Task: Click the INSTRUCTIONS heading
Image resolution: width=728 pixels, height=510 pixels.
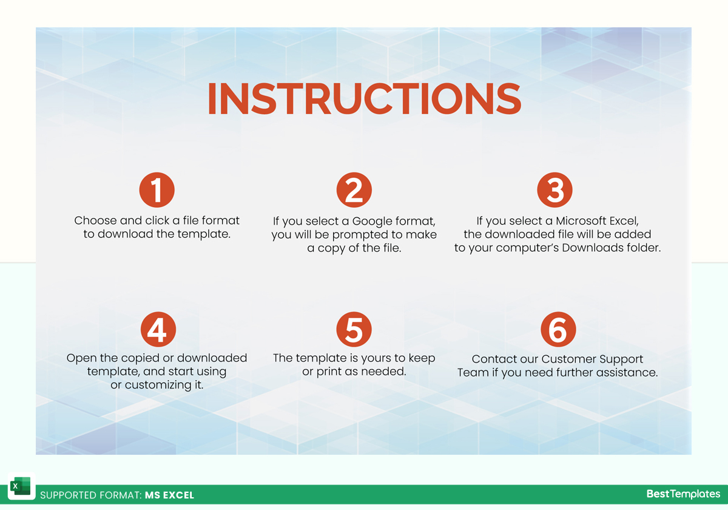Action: click(x=365, y=98)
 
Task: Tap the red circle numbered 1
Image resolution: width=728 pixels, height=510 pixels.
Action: click(x=157, y=190)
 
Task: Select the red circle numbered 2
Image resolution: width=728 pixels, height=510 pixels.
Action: click(x=354, y=190)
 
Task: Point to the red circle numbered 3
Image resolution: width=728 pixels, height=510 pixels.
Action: click(x=554, y=190)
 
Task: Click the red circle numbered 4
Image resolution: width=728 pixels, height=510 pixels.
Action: click(x=158, y=330)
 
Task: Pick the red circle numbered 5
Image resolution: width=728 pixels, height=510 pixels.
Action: click(x=354, y=330)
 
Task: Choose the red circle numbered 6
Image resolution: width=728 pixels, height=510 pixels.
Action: click(x=558, y=330)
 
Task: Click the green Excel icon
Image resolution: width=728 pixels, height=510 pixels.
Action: click(x=21, y=486)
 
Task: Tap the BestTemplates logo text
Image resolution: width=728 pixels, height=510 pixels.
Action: click(x=683, y=494)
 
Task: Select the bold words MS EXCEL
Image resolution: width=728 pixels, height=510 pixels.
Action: click(x=169, y=495)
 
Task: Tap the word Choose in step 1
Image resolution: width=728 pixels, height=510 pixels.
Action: click(x=96, y=220)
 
